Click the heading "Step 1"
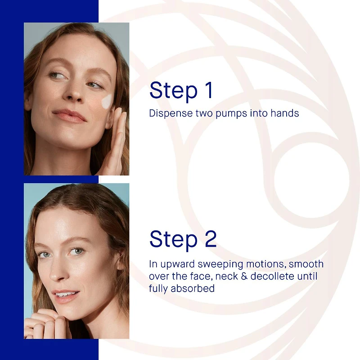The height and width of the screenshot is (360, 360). [x=181, y=90]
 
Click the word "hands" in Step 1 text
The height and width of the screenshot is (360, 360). [x=284, y=113]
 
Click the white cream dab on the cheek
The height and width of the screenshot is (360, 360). [x=107, y=102]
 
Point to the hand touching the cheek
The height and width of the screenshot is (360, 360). [x=115, y=144]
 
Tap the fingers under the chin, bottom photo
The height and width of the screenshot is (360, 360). [x=45, y=317]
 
